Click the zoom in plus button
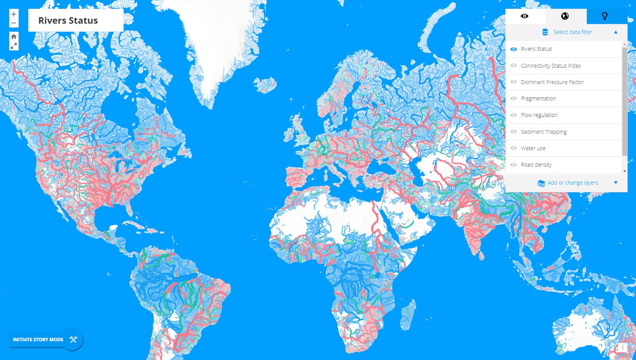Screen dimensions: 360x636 pyautogui.click(x=14, y=14)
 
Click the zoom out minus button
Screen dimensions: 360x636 pyautogui.click(x=14, y=23)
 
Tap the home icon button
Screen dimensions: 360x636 pyautogui.click(x=14, y=37)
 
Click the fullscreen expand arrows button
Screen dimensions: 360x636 pyautogui.click(x=14, y=46)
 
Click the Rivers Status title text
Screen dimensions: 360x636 pyautogui.click(x=68, y=21)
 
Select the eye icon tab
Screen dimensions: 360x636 pyautogui.click(x=525, y=16)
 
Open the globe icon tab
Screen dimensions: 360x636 pyautogui.click(x=565, y=16)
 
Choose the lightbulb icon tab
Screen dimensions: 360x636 pyautogui.click(x=605, y=16)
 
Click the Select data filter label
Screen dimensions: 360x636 pyautogui.click(x=572, y=32)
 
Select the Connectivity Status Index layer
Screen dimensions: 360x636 pyautogui.click(x=551, y=66)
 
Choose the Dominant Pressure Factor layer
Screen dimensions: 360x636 pyautogui.click(x=552, y=82)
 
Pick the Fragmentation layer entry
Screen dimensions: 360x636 pyautogui.click(x=538, y=99)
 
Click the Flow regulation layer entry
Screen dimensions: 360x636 pyautogui.click(x=539, y=115)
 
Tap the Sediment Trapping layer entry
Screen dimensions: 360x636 pyautogui.click(x=543, y=132)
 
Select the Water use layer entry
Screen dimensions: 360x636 pyautogui.click(x=533, y=148)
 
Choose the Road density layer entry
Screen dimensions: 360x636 pyautogui.click(x=536, y=165)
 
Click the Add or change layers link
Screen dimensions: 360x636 pyautogui.click(x=572, y=183)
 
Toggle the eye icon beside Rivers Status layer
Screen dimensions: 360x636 pyautogui.click(x=514, y=49)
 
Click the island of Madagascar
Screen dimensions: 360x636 pyautogui.click(x=408, y=314)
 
